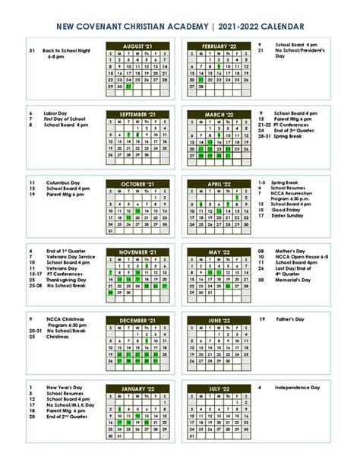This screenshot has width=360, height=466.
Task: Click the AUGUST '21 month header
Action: [138, 46]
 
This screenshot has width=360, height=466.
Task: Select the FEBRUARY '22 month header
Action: [219, 46]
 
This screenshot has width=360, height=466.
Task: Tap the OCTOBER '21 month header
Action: [138, 184]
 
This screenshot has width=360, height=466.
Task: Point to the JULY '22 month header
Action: [219, 388]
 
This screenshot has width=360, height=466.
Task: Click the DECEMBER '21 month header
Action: [138, 321]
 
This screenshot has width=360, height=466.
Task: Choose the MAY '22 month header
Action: [219, 252]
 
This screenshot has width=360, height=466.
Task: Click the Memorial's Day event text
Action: [295, 280]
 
